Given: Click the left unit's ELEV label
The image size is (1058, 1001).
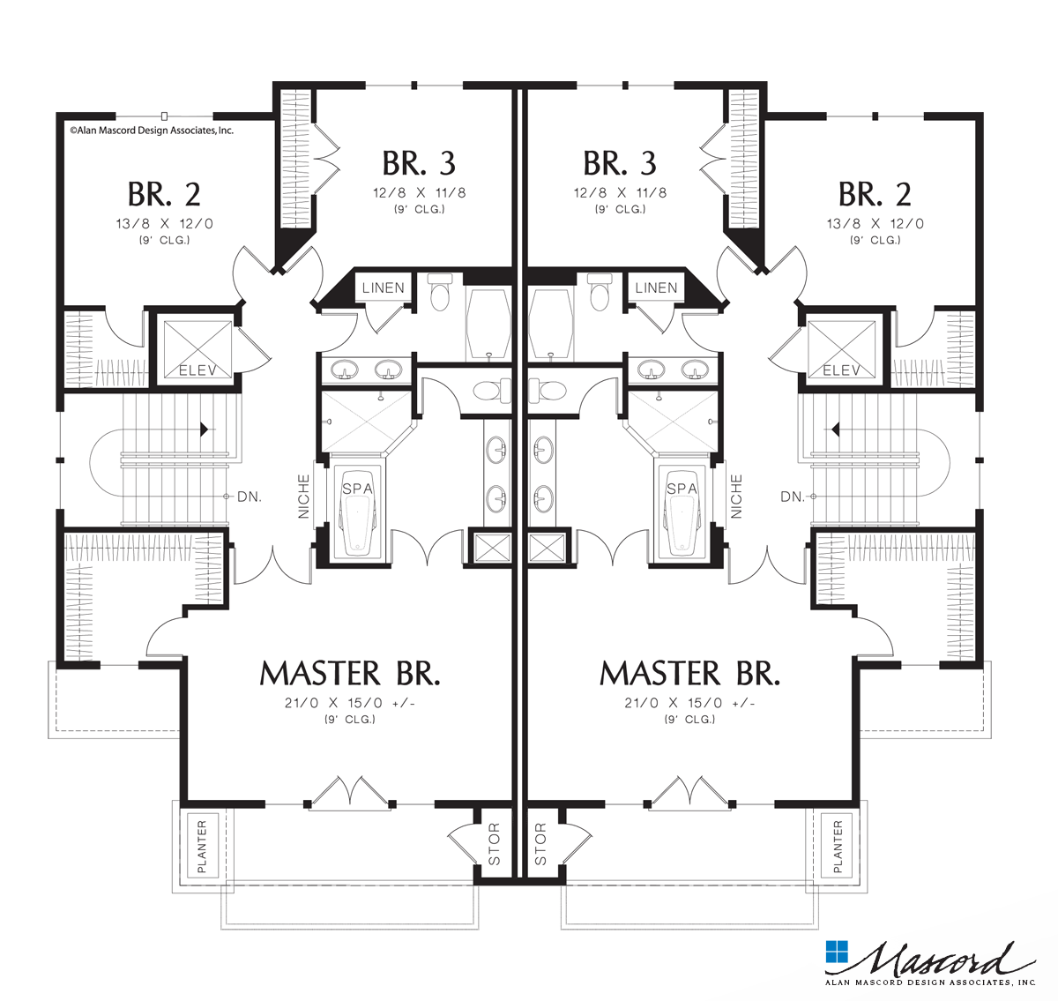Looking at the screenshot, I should tap(196, 370).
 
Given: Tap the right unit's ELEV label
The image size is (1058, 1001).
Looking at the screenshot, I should tap(841, 370).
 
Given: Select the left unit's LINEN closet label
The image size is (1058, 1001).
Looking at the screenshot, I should tap(384, 288).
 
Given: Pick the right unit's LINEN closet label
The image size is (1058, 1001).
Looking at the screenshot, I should tap(656, 288).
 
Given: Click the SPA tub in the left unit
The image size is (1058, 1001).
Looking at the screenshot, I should tap(358, 516).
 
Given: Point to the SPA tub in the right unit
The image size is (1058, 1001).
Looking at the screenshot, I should tap(682, 516).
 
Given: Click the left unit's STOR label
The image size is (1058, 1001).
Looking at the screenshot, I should tap(494, 844).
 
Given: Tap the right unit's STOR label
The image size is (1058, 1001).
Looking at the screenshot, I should tap(540, 844).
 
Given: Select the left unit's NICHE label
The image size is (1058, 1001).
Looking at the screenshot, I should tap(304, 496).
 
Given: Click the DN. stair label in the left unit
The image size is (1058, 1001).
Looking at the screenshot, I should tap(250, 497).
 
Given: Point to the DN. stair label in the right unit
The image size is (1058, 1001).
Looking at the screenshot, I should tap(793, 497).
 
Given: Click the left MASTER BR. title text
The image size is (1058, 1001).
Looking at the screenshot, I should tap(350, 674).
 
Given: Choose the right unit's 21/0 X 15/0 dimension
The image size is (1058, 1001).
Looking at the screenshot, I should tap(689, 703).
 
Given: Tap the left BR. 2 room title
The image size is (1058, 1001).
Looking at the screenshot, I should tap(163, 194).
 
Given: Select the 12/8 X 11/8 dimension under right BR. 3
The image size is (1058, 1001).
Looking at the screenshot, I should tap(620, 193).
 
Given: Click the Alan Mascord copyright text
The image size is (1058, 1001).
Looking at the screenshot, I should tap(152, 130).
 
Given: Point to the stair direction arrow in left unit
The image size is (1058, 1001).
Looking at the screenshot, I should tap(204, 429).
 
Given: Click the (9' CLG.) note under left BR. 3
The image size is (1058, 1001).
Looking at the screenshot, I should tap(419, 209).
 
